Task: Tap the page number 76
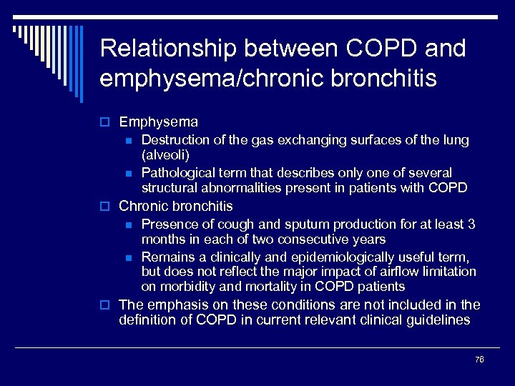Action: (479, 360)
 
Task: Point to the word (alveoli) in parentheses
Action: (165, 155)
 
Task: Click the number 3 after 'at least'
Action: (471, 224)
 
